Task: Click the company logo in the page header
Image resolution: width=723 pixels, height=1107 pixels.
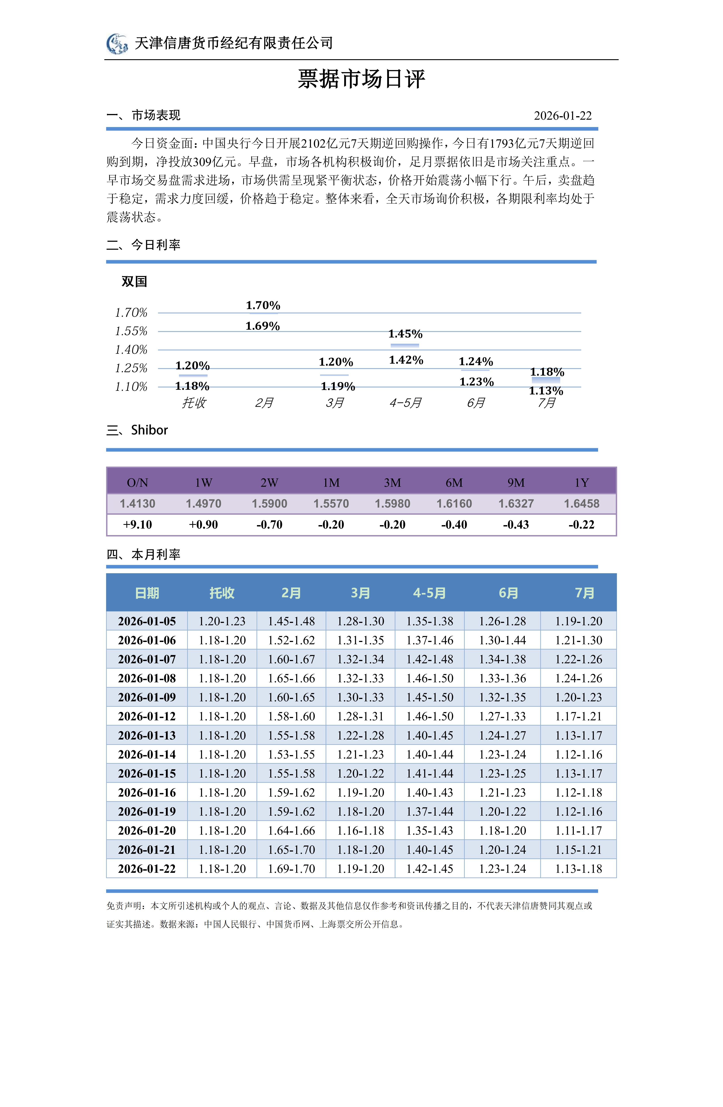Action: (x=117, y=44)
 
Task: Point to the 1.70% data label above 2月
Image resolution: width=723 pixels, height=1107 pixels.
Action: (x=263, y=306)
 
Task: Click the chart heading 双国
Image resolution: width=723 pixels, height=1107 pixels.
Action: (x=134, y=281)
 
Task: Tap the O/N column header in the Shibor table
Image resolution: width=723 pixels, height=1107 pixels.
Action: (x=138, y=483)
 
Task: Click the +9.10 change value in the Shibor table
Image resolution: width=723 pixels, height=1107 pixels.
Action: (x=138, y=525)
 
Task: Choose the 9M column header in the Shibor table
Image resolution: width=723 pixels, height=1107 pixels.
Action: (x=516, y=483)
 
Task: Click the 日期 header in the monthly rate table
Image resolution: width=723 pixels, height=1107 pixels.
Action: (x=147, y=593)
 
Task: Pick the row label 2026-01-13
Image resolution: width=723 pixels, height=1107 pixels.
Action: (x=147, y=735)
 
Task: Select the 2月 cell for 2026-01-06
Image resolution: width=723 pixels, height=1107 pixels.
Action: (x=291, y=640)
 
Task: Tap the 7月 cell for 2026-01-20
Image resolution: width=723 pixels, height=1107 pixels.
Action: (x=579, y=831)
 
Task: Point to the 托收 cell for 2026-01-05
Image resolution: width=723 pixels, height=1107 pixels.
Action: (x=222, y=621)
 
